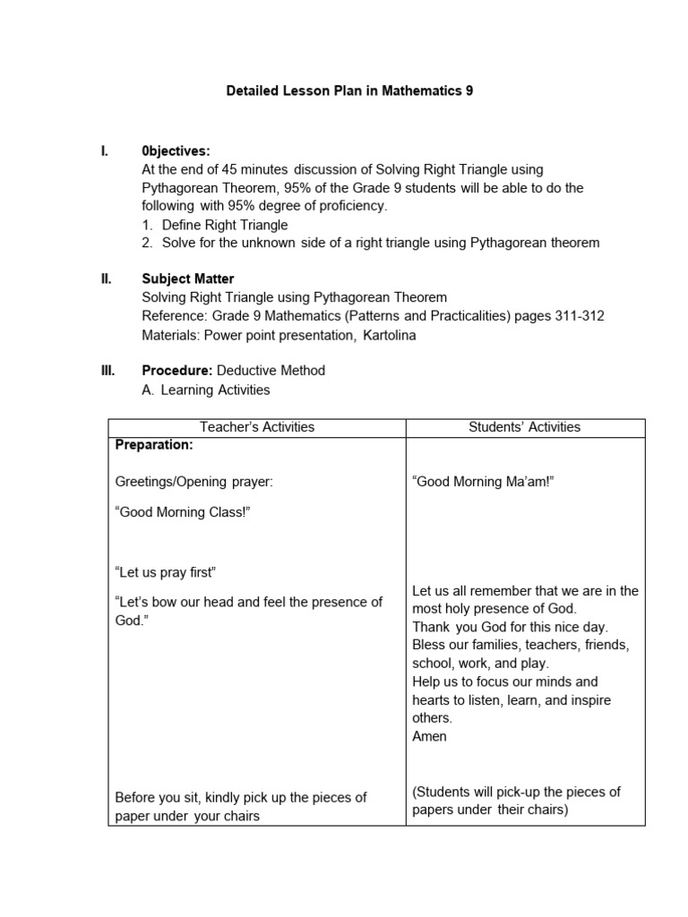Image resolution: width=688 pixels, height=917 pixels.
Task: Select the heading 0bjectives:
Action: click(x=176, y=150)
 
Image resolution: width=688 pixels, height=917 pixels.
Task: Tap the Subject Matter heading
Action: click(x=188, y=279)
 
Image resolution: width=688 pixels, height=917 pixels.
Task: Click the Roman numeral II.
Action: click(x=107, y=279)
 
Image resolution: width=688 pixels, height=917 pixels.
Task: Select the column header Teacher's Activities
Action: click(x=257, y=427)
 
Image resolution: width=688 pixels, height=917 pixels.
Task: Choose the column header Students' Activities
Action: click(x=525, y=427)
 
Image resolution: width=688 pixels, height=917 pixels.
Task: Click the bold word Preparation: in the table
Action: click(x=154, y=444)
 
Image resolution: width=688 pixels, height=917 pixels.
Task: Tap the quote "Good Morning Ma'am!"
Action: click(x=484, y=482)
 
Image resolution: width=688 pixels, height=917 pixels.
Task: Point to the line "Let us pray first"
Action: click(x=167, y=572)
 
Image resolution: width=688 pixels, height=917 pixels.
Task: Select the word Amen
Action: click(x=429, y=736)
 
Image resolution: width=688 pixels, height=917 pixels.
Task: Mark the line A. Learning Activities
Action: click(x=206, y=390)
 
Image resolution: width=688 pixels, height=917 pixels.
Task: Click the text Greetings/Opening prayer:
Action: click(x=194, y=482)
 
